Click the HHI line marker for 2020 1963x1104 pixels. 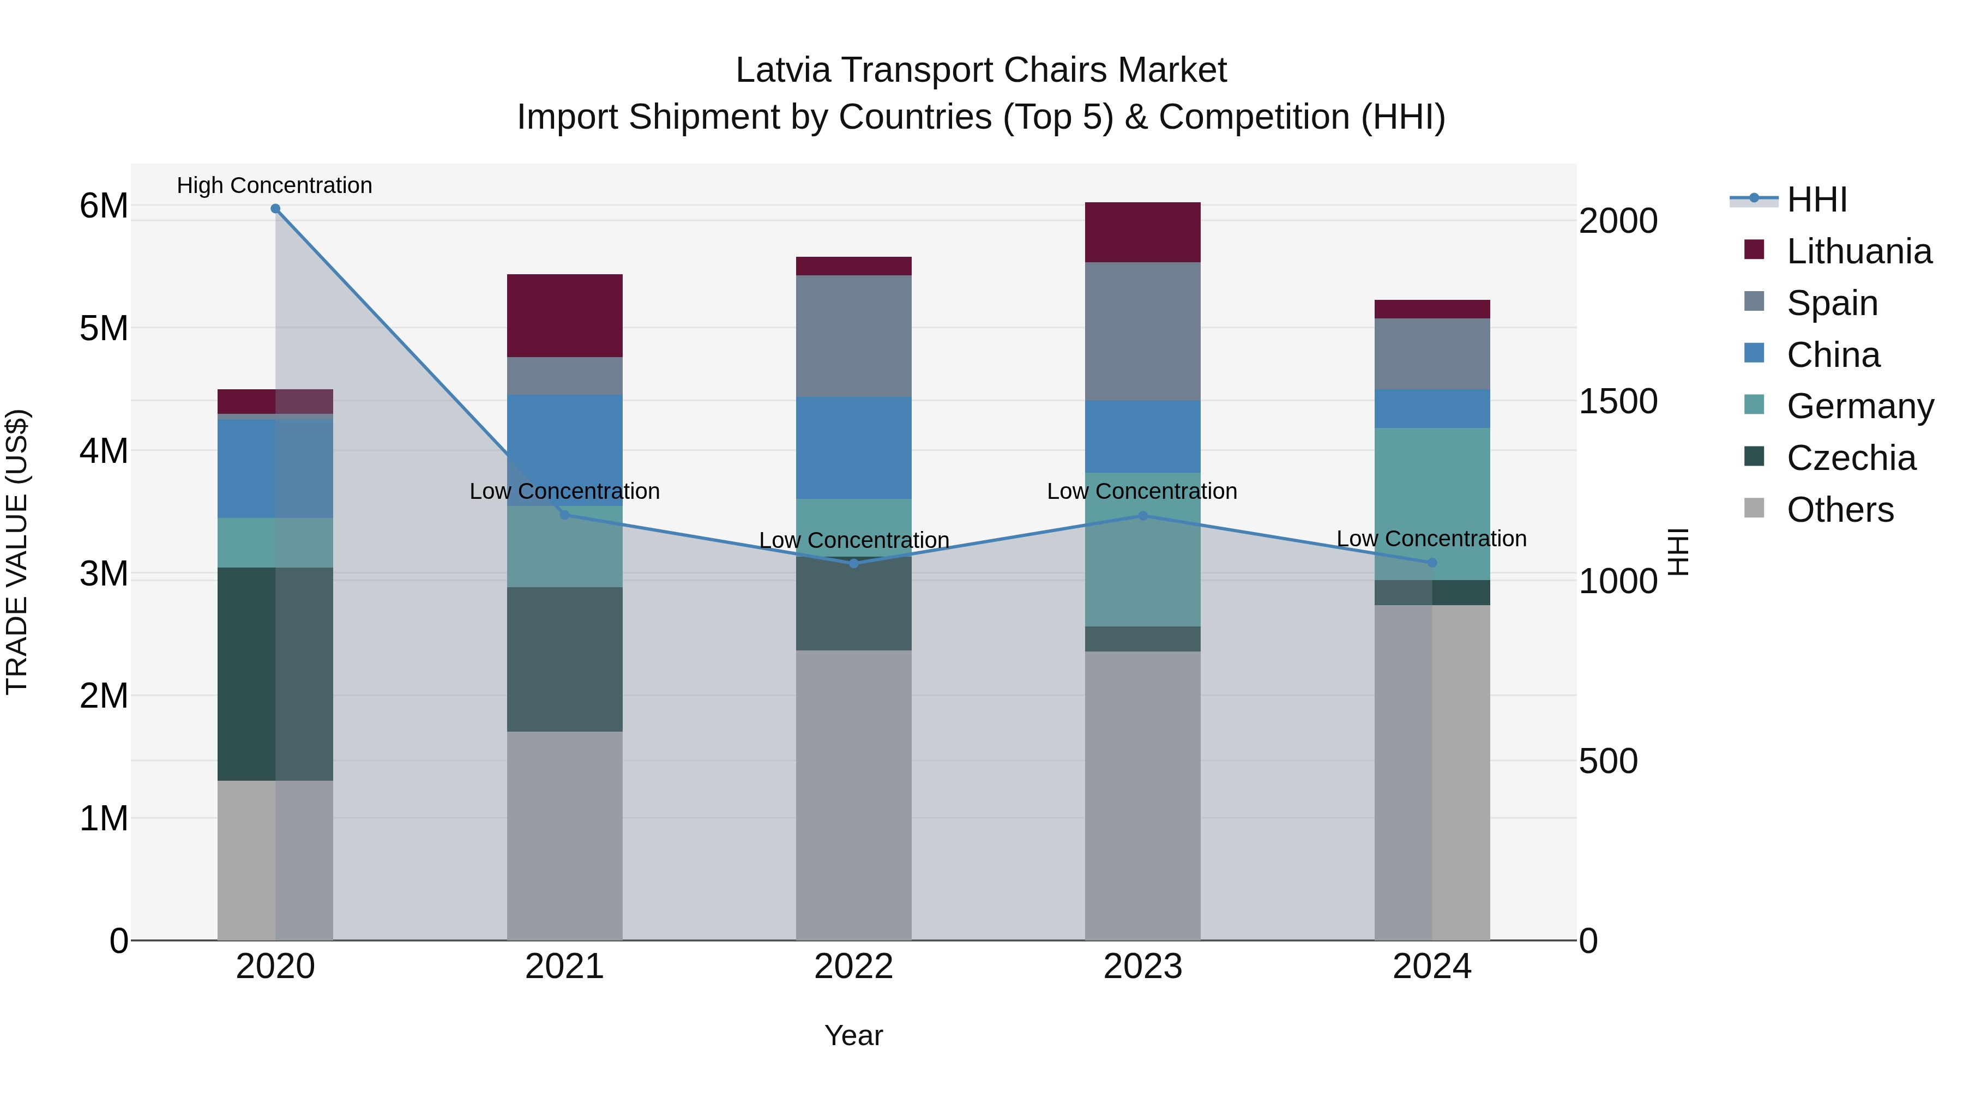275,209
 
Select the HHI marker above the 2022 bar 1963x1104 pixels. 853,564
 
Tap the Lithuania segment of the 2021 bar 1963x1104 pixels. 565,316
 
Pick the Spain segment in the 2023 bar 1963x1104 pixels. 1142,331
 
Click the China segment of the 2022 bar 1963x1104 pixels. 853,448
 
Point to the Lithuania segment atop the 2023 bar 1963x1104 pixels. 1142,232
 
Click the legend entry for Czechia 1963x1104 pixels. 1850,458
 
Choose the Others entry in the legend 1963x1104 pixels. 1840,510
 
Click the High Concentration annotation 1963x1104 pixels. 274,185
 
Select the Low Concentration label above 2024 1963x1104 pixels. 1431,539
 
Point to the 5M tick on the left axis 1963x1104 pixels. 104,328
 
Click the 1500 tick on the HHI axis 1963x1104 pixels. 1618,401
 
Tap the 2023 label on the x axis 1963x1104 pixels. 1142,967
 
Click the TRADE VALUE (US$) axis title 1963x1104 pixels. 17,552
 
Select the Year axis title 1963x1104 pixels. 853,1035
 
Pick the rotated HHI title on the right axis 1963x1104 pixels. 1678,552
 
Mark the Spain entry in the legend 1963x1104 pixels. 1832,303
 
